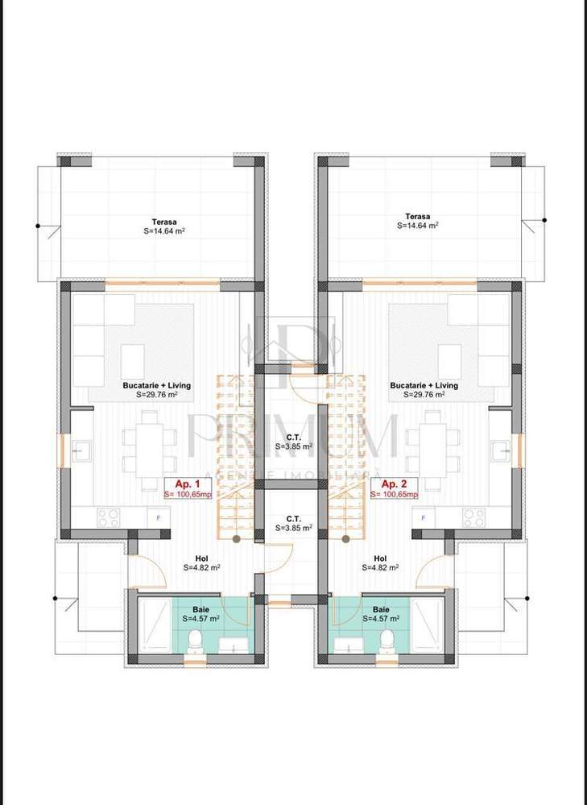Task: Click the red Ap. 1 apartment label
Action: pyautogui.click(x=180, y=483)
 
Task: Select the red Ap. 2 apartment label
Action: pyautogui.click(x=395, y=483)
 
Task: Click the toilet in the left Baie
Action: pyautogui.click(x=193, y=641)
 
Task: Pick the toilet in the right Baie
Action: pyautogui.click(x=387, y=641)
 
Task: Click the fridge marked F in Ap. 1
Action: pyautogui.click(x=158, y=517)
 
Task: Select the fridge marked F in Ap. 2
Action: pyautogui.click(x=424, y=517)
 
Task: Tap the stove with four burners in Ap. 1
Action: pyautogui.click(x=108, y=517)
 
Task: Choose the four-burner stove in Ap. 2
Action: pyautogui.click(x=473, y=517)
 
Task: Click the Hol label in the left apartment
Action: pyautogui.click(x=201, y=558)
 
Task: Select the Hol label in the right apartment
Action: pyautogui.click(x=380, y=558)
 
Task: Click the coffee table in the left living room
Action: pyautogui.click(x=133, y=356)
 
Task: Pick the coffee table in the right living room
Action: pyautogui.click(x=449, y=356)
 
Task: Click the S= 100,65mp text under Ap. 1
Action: pyautogui.click(x=188, y=494)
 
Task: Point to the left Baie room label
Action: pyautogui.click(x=200, y=610)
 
